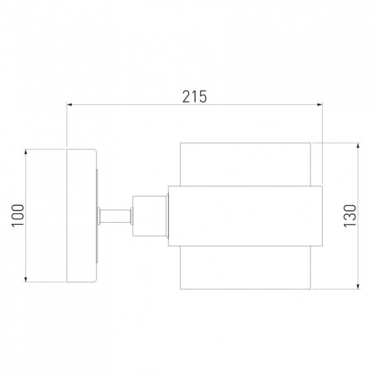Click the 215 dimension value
tap(195, 97)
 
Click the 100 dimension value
tap(18, 215)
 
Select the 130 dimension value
tap(349, 216)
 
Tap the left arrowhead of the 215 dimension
tap(70, 104)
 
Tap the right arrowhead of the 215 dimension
tap(319, 104)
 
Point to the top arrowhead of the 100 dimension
tap(26, 152)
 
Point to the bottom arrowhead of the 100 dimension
tap(26, 279)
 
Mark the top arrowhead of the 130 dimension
tap(358, 146)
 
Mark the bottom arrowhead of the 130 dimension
tap(358, 286)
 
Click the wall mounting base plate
tap(81, 216)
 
